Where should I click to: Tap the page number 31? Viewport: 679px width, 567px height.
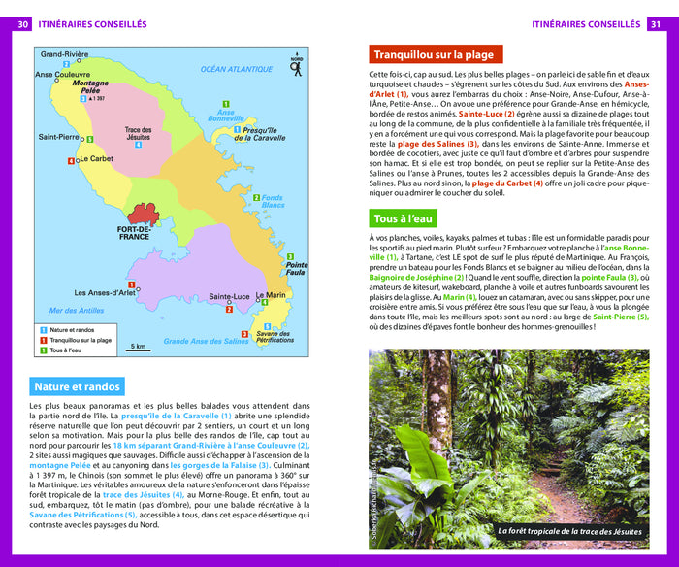tap(655, 24)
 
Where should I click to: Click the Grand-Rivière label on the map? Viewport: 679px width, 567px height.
tap(64, 54)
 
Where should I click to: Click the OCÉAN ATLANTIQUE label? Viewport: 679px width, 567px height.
tap(237, 69)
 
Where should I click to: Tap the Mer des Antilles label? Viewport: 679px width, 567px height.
tap(76, 311)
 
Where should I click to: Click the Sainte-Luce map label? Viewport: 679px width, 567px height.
tap(229, 296)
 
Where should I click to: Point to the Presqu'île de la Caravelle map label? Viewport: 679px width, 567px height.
tap(263, 134)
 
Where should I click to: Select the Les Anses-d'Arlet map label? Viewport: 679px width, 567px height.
tap(106, 292)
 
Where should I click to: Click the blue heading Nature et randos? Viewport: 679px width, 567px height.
tap(78, 386)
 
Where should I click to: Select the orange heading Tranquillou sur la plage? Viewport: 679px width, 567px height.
tap(434, 55)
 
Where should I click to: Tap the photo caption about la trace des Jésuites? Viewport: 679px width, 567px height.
tap(569, 531)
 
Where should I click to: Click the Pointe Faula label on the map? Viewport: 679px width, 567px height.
tap(296, 269)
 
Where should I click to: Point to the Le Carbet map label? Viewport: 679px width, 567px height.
tap(96, 158)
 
